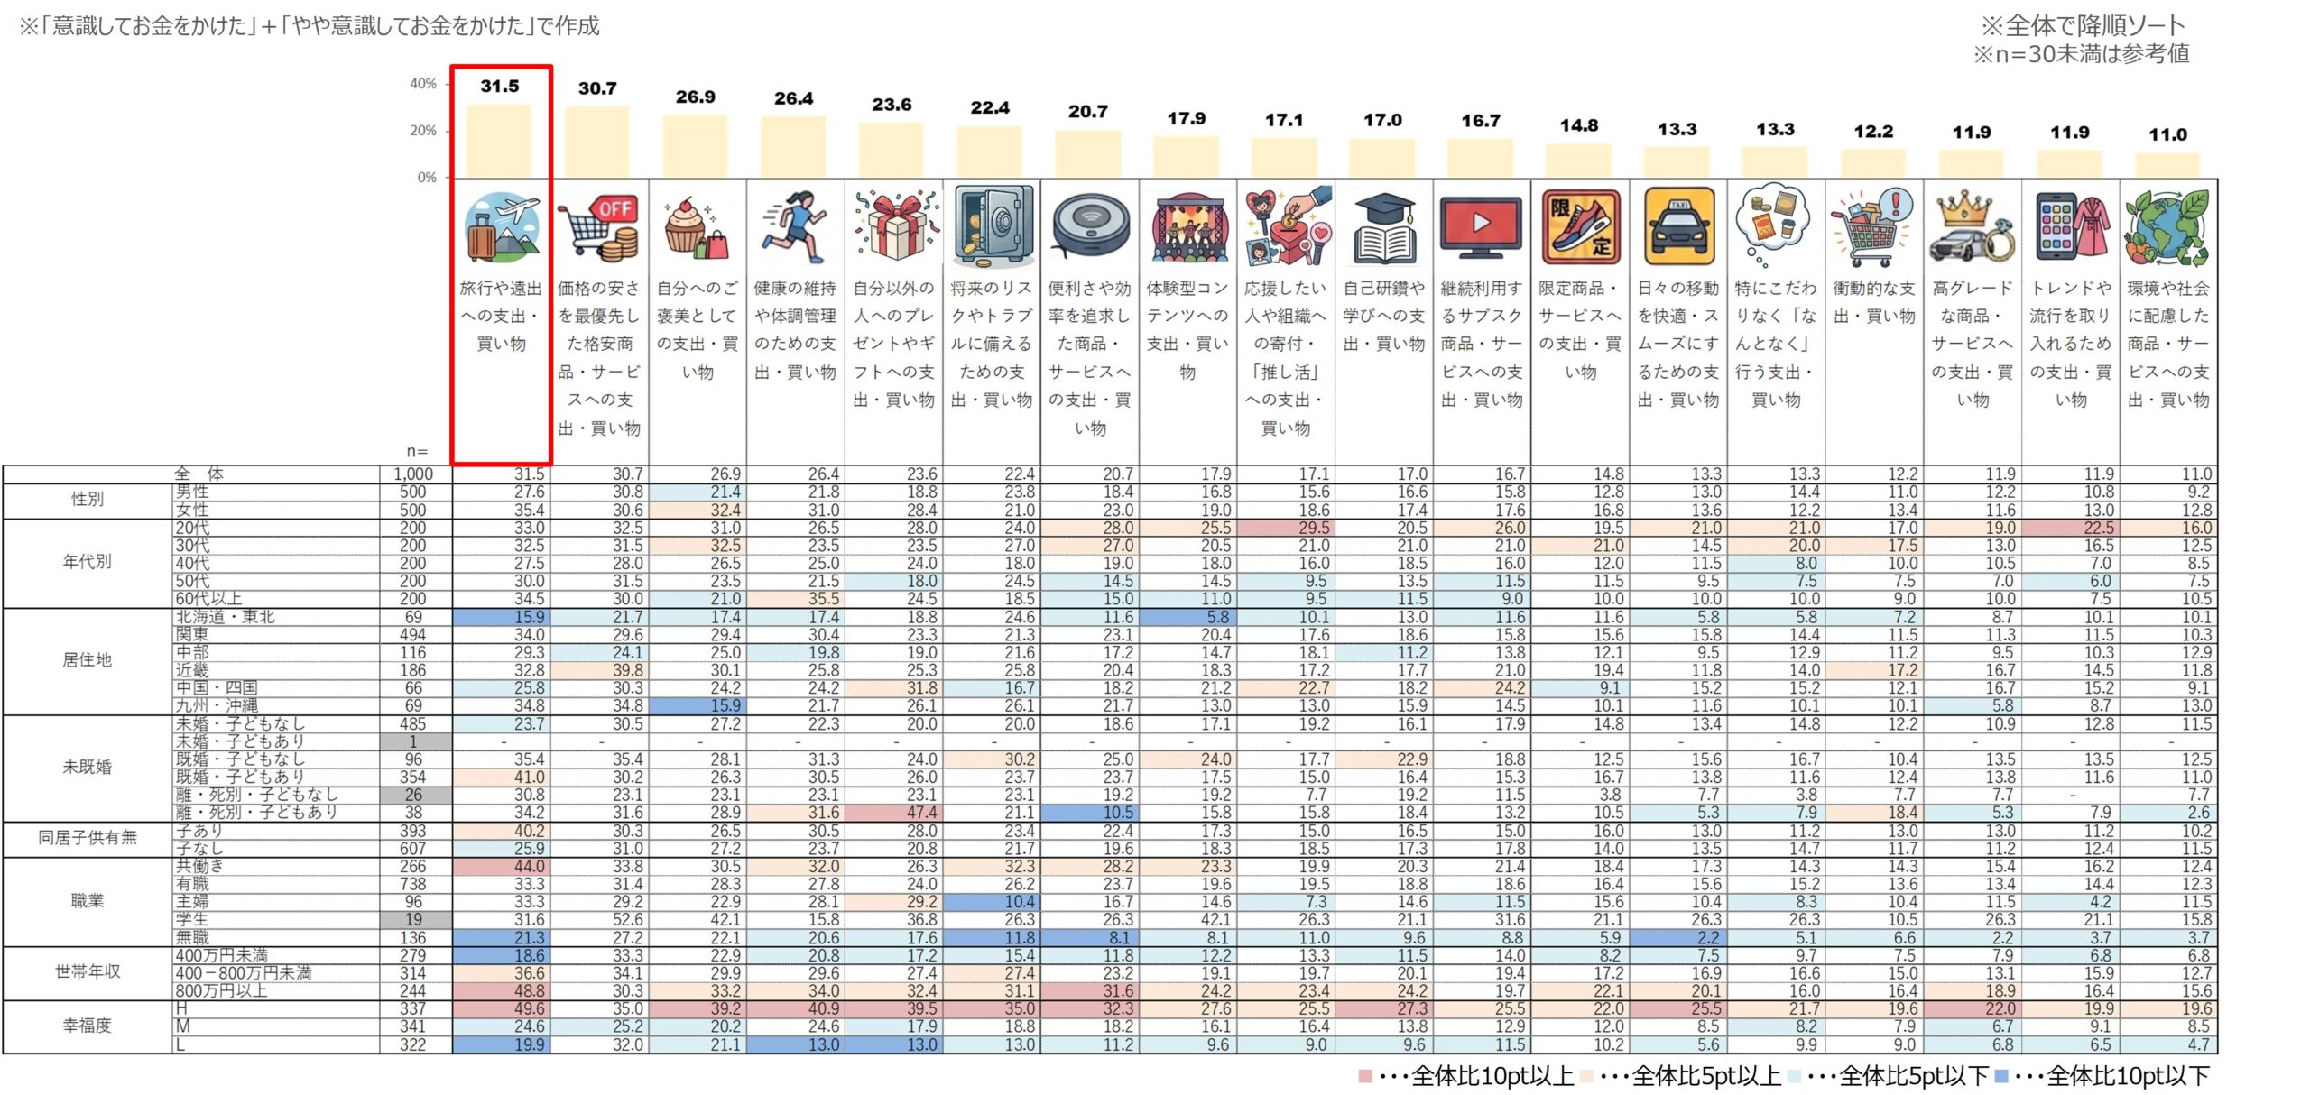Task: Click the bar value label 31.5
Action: click(x=500, y=87)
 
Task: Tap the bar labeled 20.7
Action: click(x=1088, y=153)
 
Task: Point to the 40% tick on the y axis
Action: click(x=423, y=84)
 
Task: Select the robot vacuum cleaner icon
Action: click(x=1090, y=225)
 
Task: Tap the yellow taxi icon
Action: click(x=1678, y=225)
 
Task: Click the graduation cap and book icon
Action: click(x=1384, y=227)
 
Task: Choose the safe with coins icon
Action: click(x=992, y=225)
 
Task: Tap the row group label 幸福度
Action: click(x=88, y=1026)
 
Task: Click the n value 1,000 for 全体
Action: click(x=413, y=474)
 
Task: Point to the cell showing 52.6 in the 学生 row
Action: click(x=628, y=920)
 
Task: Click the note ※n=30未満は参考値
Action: click(x=2081, y=54)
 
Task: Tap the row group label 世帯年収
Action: click(x=88, y=972)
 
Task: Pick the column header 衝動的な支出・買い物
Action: click(x=1873, y=302)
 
